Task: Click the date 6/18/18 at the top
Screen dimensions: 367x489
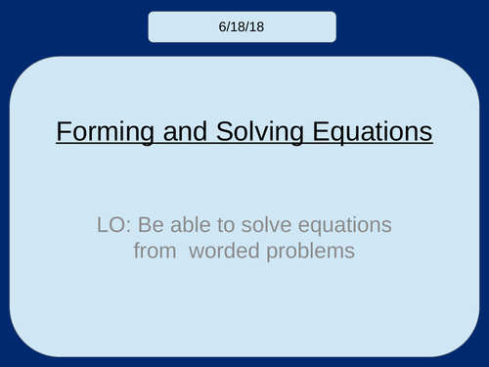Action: tap(244, 26)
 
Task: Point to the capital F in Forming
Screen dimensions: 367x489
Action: tap(63, 132)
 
